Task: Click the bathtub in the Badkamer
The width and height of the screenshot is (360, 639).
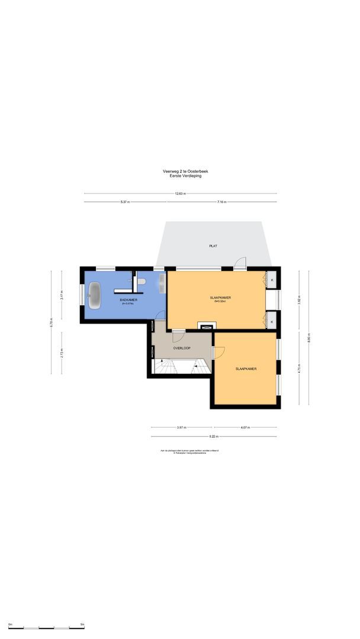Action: click(95, 294)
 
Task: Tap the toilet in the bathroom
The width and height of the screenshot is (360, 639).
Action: click(141, 282)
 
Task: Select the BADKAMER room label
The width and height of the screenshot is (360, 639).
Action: click(128, 300)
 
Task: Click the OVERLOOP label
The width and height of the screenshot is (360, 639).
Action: click(181, 348)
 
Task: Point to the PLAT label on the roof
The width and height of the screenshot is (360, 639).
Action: click(213, 246)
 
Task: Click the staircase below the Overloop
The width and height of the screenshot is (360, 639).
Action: click(178, 369)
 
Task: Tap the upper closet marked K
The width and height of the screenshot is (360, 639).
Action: click(272, 279)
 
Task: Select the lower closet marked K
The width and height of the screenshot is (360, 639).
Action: click(272, 321)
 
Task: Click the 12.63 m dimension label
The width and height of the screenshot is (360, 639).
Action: click(181, 193)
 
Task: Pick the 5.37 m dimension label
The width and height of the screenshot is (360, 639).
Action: click(125, 202)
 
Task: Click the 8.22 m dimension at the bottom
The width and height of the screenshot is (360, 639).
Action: click(214, 437)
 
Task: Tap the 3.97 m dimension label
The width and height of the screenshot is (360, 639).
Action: click(182, 427)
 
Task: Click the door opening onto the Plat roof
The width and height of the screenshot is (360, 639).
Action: click(240, 264)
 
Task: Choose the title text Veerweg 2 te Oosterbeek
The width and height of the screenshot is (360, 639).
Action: click(185, 172)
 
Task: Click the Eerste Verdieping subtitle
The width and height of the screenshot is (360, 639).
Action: click(185, 176)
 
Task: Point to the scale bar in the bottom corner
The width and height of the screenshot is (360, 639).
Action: click(46, 625)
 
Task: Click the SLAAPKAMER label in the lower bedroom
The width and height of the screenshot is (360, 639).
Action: click(246, 369)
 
